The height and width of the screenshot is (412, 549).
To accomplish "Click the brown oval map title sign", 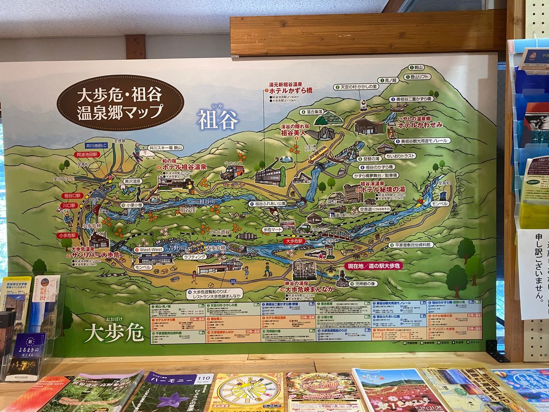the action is pos(120,103).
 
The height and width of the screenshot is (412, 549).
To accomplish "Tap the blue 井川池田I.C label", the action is pos(96,146).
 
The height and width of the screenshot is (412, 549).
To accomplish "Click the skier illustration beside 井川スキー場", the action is pos(137,151).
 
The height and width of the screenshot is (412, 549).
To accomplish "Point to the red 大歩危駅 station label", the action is pos(294,240).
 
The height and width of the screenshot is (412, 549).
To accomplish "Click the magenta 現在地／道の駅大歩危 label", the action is pos(373,266).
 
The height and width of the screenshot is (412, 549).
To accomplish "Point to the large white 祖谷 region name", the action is pos(218,120).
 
